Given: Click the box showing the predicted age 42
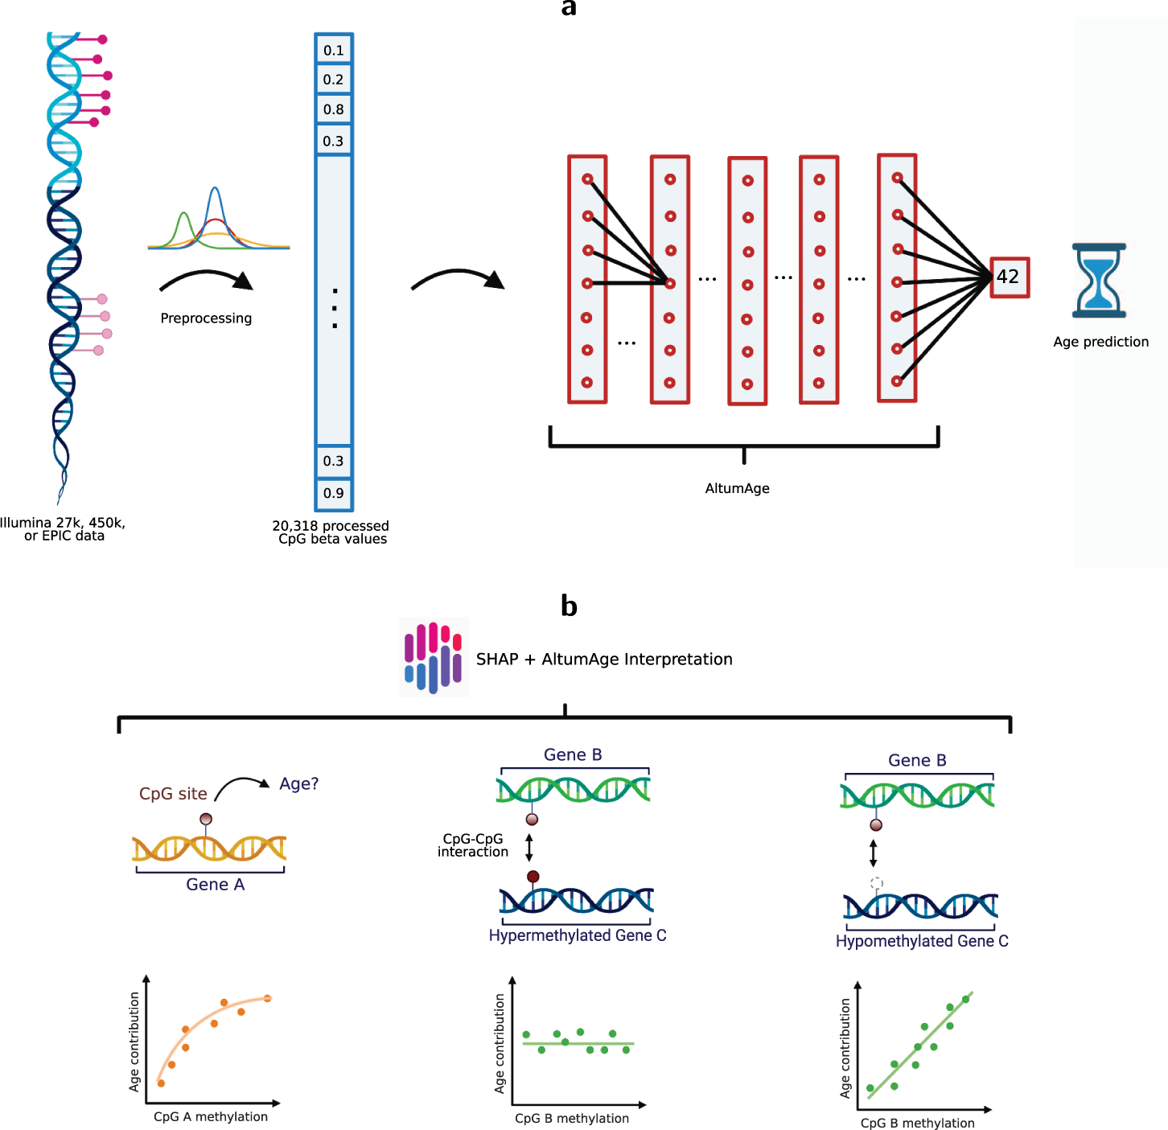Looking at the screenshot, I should coord(1009,277).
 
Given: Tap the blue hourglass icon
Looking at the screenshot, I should coord(1098,281).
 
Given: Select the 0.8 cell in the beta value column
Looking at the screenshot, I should coord(334,109).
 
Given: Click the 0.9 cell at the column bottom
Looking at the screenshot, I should coord(334,493).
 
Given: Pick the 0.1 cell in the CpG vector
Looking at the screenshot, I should coord(334,51).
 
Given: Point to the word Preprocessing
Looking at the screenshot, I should coord(206,318).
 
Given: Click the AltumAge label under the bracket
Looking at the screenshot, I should coord(737,488).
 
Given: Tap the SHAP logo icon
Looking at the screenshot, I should coord(433,657).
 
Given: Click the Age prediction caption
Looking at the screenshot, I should coord(1100,342).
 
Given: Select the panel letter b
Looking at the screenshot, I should coord(569,606).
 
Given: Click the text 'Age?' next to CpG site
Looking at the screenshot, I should coord(298,783).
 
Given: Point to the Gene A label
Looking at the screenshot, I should coord(215,885).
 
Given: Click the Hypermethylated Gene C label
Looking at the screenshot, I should coord(577,935).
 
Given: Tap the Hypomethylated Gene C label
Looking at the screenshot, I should coord(921,941).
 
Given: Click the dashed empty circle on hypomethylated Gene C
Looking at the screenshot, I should coord(877,883).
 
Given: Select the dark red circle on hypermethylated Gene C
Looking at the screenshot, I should coord(533,877).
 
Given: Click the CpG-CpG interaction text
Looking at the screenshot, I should coord(473,845).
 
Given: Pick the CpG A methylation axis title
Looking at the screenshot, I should coord(211,1116).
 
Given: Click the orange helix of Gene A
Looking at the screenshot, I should coord(209,849).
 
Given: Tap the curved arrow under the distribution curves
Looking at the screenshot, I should coord(206,280).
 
